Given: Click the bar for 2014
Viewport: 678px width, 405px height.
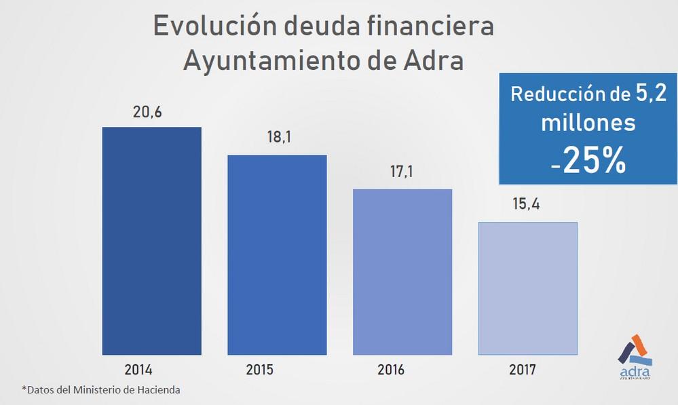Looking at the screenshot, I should pyautogui.click(x=151, y=241).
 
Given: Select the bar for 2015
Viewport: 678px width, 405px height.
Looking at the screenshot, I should pyautogui.click(x=277, y=255).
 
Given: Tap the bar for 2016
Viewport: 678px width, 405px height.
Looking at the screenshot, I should pyautogui.click(x=402, y=271).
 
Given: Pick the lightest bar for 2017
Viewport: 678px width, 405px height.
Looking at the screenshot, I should pyautogui.click(x=528, y=288).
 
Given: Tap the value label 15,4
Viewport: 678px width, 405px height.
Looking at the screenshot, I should pyautogui.click(x=527, y=204).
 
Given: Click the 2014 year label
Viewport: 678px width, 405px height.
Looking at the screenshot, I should pyautogui.click(x=138, y=370).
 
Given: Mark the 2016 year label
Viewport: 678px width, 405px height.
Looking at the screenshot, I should pyautogui.click(x=390, y=370).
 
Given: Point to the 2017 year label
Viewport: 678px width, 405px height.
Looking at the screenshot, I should pyautogui.click(x=522, y=370).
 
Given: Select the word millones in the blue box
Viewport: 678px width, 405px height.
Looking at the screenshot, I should pyautogui.click(x=588, y=124).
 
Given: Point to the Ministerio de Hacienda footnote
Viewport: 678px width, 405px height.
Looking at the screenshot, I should pyautogui.click(x=129, y=390).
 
